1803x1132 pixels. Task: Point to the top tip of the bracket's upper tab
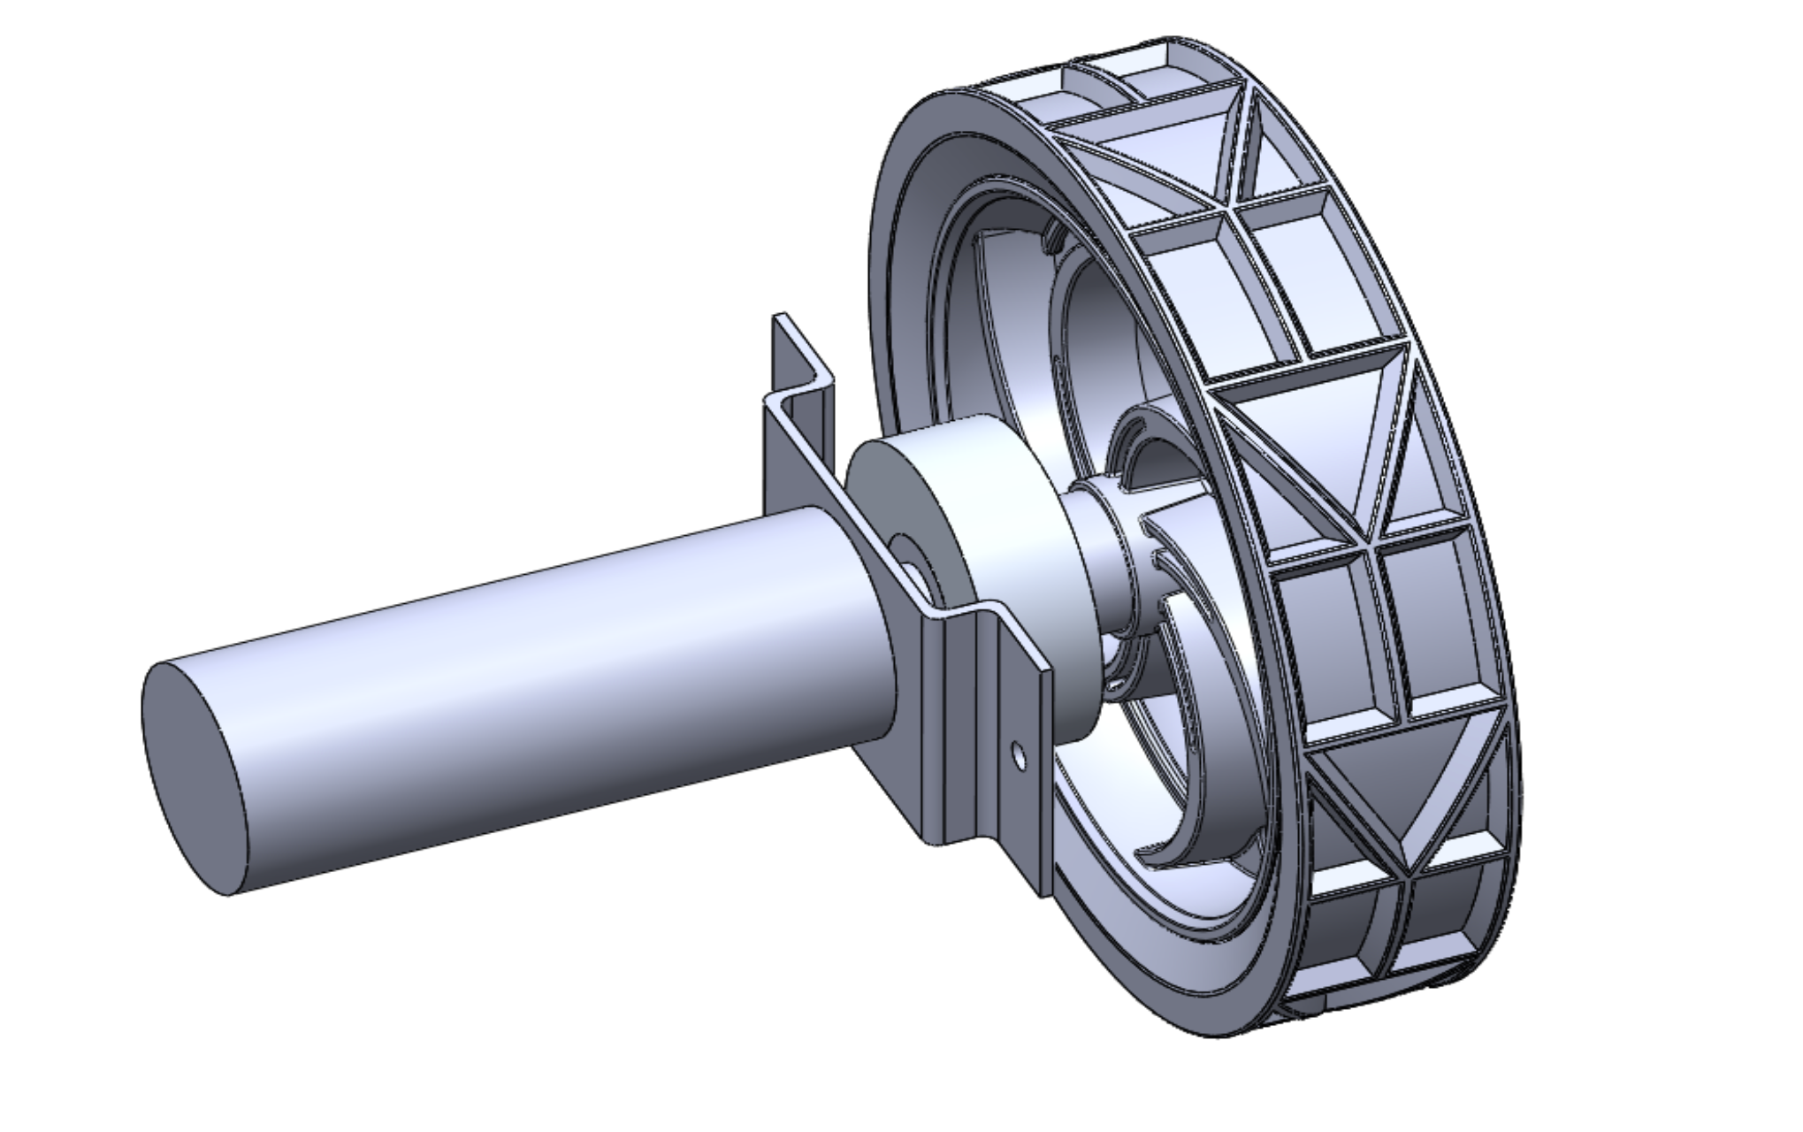pyautogui.click(x=779, y=317)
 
